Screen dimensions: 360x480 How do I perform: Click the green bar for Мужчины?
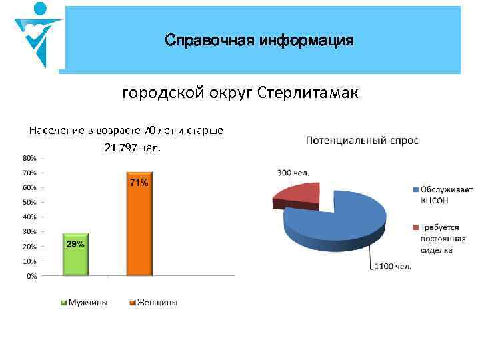coord(75,255)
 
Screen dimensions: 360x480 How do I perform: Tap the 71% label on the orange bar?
coord(139,183)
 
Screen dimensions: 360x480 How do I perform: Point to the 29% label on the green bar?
coord(75,244)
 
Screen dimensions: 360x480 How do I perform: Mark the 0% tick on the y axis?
coord(31,275)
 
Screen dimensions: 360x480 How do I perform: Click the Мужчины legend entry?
coord(86,303)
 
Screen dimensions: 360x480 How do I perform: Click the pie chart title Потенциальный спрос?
coord(362,141)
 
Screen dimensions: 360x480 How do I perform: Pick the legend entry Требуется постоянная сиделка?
coord(443,239)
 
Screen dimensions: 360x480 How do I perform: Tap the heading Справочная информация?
coord(259,41)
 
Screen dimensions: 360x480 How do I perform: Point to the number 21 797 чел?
coord(133,147)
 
